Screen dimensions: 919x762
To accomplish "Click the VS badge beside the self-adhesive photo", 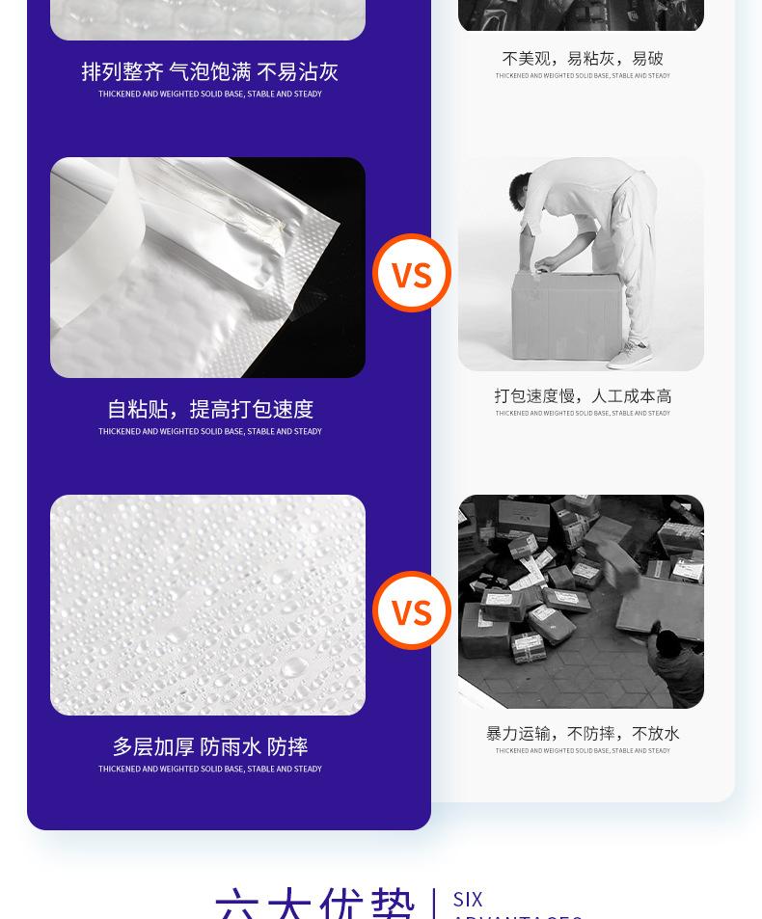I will [x=412, y=274].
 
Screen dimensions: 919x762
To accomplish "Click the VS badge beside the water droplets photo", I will [x=412, y=611].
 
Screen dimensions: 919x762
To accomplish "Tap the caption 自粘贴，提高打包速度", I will [x=209, y=409].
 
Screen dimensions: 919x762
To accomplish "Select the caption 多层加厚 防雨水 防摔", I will [x=209, y=746].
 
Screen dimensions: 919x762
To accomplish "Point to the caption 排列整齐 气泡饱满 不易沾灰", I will [x=209, y=71].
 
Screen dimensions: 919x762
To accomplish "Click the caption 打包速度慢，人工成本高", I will [x=583, y=395].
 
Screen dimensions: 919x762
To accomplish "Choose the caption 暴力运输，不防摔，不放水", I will [x=583, y=733].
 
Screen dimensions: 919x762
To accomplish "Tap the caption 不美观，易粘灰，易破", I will [x=583, y=58].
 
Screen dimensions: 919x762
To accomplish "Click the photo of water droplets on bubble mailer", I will [x=207, y=605].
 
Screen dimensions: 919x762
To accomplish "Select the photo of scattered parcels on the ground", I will [x=581, y=601].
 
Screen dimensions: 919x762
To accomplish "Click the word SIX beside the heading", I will [x=468, y=899].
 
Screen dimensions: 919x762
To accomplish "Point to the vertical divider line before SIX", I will [x=434, y=903].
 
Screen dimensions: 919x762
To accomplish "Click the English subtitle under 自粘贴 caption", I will [x=209, y=431].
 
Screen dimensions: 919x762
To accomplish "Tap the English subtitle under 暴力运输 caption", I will [x=583, y=750].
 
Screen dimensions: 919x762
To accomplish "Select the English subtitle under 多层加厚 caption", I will [x=209, y=769].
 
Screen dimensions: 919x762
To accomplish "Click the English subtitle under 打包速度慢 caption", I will [x=583, y=413].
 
